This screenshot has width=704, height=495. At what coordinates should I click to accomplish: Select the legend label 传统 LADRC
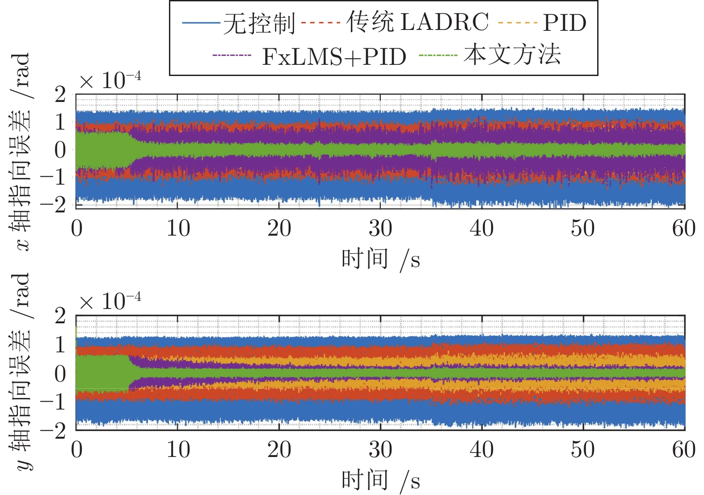pyautogui.click(x=417, y=22)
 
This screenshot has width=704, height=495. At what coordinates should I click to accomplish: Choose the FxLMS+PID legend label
pyautogui.click(x=334, y=56)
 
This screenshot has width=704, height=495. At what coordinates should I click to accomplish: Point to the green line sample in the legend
pyautogui.click(x=438, y=55)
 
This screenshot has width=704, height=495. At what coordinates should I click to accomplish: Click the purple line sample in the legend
pyautogui.click(x=232, y=55)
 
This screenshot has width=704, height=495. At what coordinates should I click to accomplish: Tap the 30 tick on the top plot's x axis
pyautogui.click(x=380, y=228)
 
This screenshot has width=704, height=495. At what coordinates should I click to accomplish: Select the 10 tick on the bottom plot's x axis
pyautogui.click(x=178, y=450)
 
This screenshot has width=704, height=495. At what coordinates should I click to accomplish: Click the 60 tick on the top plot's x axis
pyautogui.click(x=683, y=228)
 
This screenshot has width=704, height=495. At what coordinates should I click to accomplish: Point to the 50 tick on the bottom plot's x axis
pyautogui.click(x=583, y=450)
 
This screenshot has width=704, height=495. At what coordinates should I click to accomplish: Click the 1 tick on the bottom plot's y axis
pyautogui.click(x=60, y=345)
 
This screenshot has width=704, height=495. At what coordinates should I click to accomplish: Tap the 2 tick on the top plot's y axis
pyautogui.click(x=60, y=94)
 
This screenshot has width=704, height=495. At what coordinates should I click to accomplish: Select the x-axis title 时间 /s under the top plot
pyautogui.click(x=380, y=259)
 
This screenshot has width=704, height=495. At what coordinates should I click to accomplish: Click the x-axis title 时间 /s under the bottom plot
pyautogui.click(x=380, y=480)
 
